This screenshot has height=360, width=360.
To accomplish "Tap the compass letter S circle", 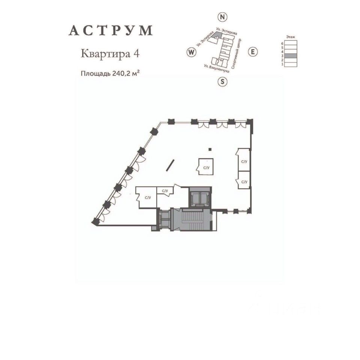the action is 223,81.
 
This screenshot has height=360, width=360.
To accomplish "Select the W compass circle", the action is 191,52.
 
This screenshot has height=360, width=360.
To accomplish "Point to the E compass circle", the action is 253,52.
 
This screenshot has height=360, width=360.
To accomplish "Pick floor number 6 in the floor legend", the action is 282,43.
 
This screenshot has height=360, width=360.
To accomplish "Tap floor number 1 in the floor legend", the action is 282,64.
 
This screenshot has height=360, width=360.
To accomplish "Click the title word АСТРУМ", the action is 111,31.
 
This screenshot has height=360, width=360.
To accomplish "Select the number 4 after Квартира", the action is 136,54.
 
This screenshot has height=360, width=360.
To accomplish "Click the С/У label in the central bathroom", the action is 206,168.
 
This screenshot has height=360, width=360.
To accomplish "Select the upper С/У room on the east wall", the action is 244,161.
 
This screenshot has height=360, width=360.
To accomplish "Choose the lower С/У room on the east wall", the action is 244,182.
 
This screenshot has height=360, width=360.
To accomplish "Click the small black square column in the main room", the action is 211,150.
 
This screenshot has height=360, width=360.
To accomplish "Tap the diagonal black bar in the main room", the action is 171,165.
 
